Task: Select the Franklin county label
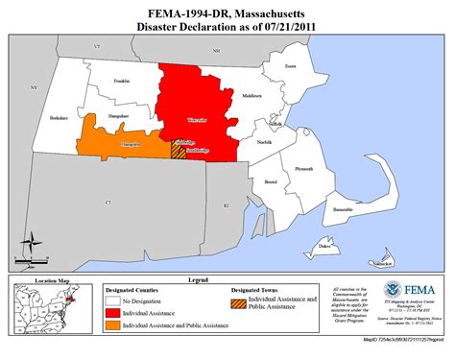tap(121, 83)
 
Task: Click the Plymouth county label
tap(304, 169)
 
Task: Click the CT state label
tap(108, 203)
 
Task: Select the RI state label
tap(227, 205)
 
